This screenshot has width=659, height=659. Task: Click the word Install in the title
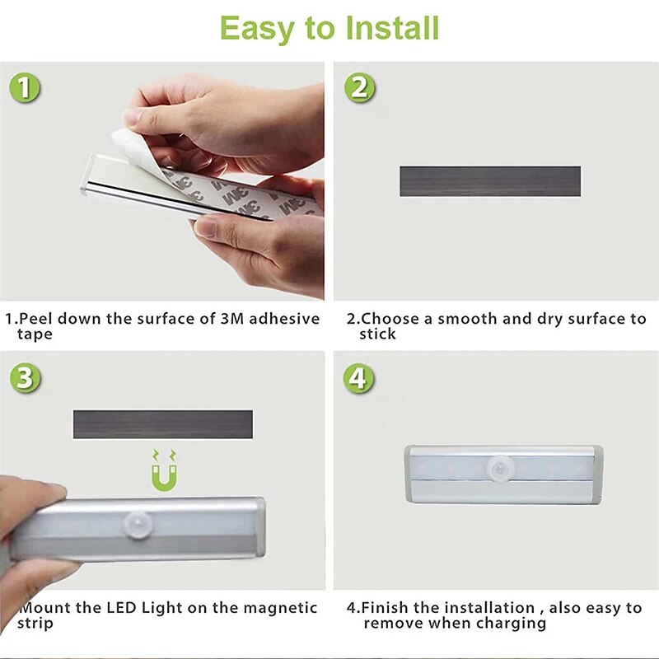[392, 28]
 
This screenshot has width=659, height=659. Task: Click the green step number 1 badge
[25, 88]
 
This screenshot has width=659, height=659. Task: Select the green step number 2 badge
[359, 88]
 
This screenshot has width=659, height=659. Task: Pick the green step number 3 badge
[25, 377]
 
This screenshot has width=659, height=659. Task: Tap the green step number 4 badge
[358, 378]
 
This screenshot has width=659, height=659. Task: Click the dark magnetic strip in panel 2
[490, 181]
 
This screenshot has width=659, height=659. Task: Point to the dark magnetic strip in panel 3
[163, 424]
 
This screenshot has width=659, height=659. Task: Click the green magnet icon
[164, 470]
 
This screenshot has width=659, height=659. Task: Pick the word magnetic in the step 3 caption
[280, 609]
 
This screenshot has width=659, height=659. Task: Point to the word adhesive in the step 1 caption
[284, 319]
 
